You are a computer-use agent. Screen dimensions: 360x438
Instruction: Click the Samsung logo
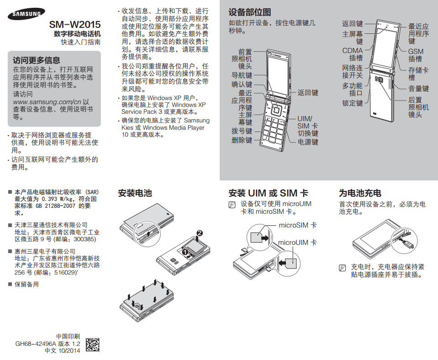click(26, 14)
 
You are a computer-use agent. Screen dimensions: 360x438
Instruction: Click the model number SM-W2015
click(75, 25)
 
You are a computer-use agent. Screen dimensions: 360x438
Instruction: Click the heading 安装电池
click(135, 193)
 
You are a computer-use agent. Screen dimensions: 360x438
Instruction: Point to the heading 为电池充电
click(360, 193)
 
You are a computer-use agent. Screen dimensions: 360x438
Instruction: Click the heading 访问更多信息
click(37, 60)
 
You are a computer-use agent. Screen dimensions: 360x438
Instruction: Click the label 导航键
click(242, 75)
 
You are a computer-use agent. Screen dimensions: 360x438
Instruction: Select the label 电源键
click(308, 142)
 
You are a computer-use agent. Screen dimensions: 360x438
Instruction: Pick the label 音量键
click(418, 89)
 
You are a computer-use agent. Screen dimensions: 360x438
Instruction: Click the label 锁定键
click(353, 103)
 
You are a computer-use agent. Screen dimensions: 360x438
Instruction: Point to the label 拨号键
click(242, 131)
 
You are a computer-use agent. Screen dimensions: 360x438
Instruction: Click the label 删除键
click(242, 140)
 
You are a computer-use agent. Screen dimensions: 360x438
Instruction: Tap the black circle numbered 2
click(199, 233)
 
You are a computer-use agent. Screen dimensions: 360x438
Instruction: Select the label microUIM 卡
click(297, 243)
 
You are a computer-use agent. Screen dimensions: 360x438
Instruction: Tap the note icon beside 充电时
click(342, 268)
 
